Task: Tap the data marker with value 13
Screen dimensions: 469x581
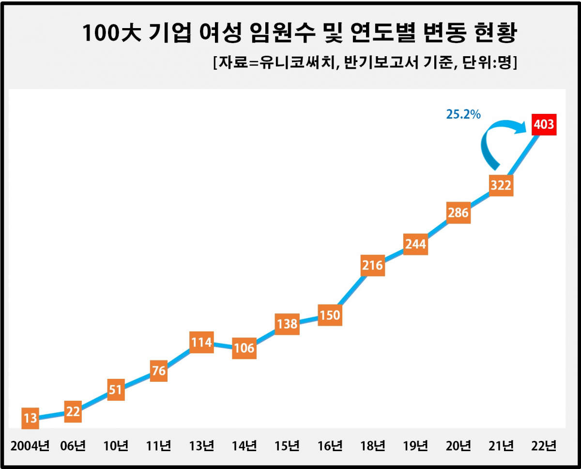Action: (x=30, y=418)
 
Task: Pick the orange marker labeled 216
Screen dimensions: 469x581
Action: (x=372, y=265)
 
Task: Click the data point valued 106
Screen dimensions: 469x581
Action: (x=244, y=348)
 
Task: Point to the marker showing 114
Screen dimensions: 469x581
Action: (x=201, y=343)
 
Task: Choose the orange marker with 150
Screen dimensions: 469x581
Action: (x=330, y=315)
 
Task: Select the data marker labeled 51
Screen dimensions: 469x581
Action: (x=116, y=390)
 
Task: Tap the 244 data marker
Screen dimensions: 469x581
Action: (x=415, y=244)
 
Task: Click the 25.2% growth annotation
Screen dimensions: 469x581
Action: (x=462, y=114)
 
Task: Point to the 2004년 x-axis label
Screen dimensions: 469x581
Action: (x=30, y=446)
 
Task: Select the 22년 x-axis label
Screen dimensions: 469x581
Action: (x=544, y=446)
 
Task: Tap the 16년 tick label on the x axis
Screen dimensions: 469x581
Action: (x=330, y=446)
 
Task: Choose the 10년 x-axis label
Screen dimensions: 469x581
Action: (x=116, y=446)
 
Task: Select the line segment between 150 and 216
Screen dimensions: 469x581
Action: (x=351, y=290)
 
